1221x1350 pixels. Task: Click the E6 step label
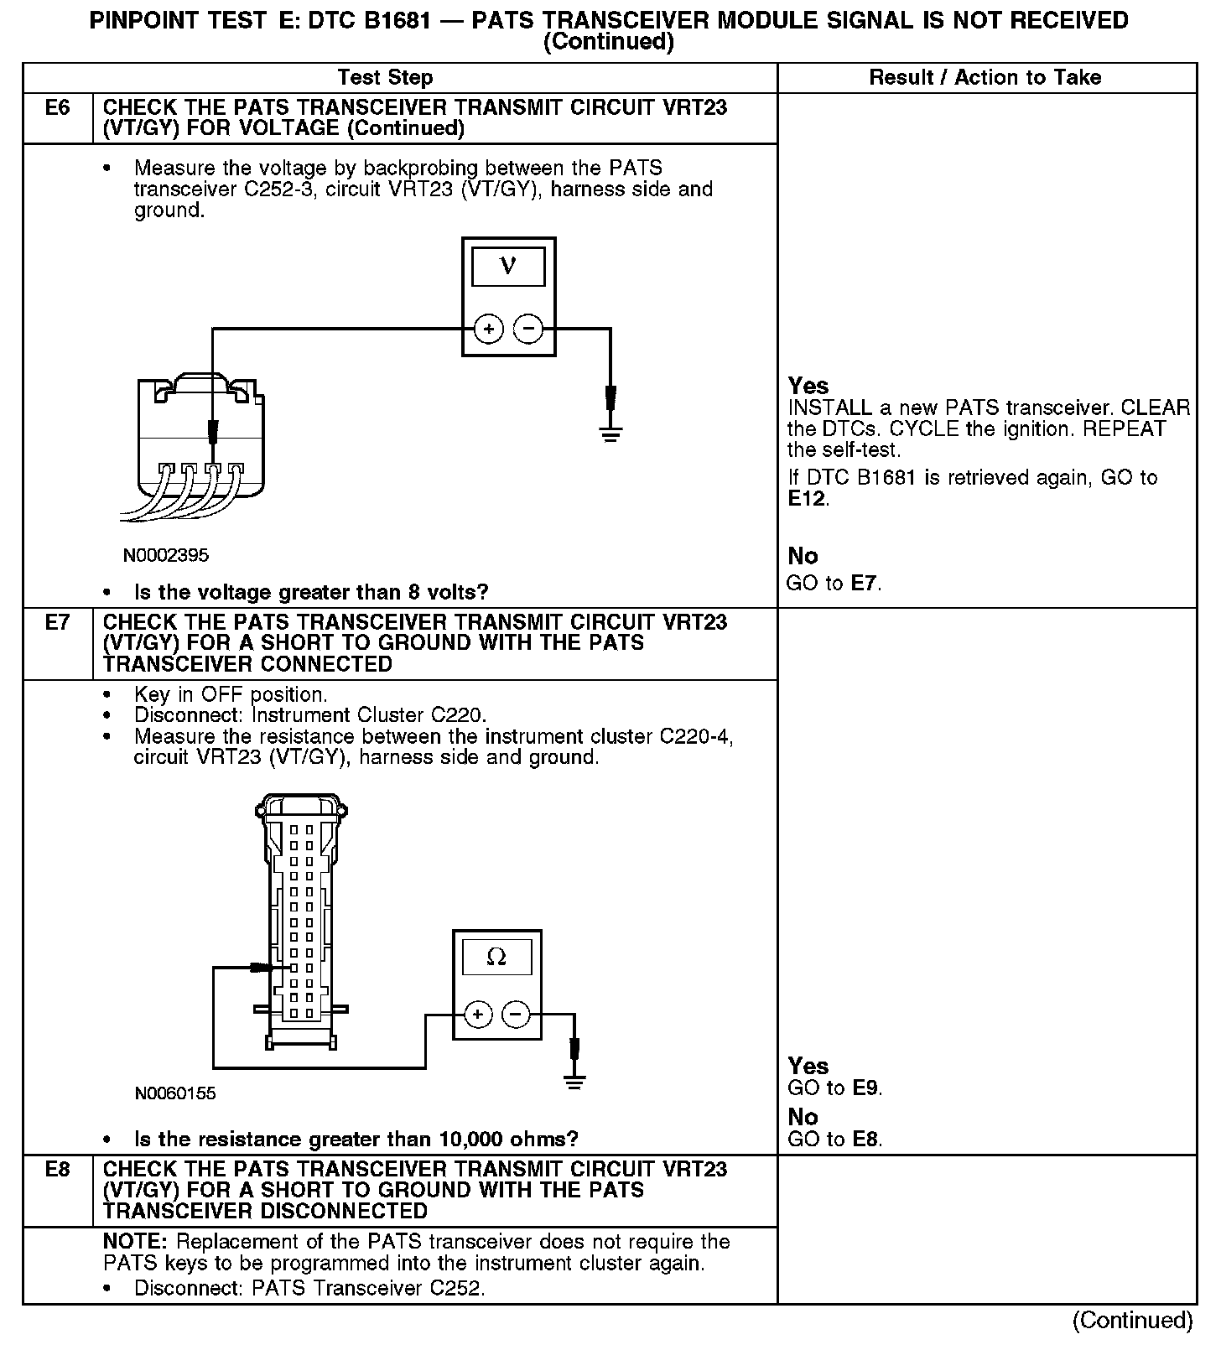click(57, 107)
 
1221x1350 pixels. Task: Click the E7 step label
click(57, 622)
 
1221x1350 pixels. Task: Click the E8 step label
click(57, 1169)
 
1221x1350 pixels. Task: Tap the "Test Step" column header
click(385, 78)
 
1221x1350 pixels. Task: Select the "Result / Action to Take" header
click(985, 78)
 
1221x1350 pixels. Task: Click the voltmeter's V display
click(508, 267)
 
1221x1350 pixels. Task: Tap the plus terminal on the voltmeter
click(489, 329)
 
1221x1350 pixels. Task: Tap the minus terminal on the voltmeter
click(527, 329)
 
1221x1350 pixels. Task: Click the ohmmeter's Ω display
click(496, 957)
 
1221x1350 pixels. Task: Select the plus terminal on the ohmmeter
click(477, 1015)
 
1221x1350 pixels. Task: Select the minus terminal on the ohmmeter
click(516, 1015)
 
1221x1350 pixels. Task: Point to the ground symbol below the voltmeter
click(610, 434)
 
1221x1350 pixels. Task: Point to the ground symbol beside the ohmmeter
click(574, 1082)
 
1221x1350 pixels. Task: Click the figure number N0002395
click(166, 555)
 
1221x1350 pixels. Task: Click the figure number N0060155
click(175, 1093)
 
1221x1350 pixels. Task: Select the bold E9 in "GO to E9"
click(866, 1088)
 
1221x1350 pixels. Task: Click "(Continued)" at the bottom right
click(1132, 1320)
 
